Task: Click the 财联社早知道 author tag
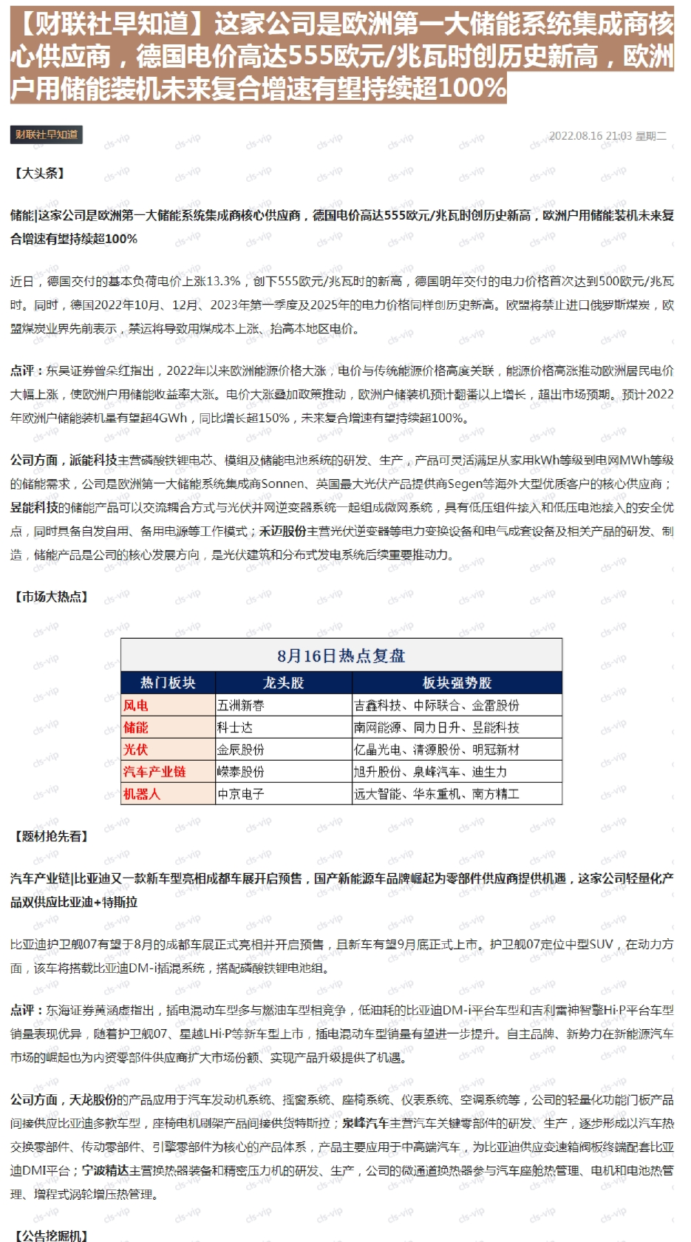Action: coord(46,135)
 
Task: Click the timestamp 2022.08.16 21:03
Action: coord(590,136)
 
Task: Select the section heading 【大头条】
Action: coord(40,173)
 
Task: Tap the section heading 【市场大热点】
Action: coord(51,597)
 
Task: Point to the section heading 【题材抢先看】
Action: coord(51,836)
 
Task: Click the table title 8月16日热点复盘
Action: coord(341,656)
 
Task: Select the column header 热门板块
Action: coord(168,682)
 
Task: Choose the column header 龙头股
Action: coord(283,682)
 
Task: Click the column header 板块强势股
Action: coord(457,682)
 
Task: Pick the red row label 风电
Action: coord(136,705)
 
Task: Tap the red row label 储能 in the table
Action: coord(136,727)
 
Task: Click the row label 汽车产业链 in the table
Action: coord(154,772)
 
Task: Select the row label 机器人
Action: coord(142,794)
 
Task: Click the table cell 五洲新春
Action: coord(241,705)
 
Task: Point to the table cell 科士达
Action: coord(235,727)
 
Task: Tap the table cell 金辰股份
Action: coord(241,750)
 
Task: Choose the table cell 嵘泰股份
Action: coord(241,772)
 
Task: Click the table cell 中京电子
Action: coord(241,794)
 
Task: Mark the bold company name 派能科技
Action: coord(93,460)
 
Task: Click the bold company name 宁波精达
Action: coord(105,1170)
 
